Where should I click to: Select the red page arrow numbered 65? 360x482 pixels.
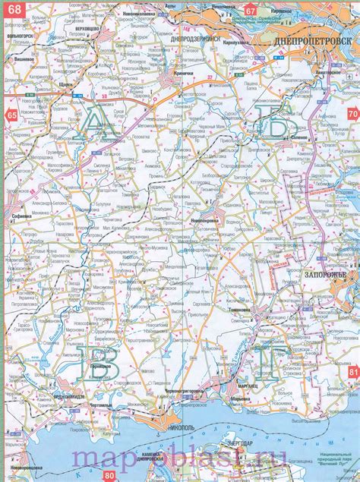pyautogui.click(x=11, y=115)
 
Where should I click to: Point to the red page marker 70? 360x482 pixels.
pyautogui.click(x=352, y=114)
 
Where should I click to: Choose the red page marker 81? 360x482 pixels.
pyautogui.click(x=352, y=372)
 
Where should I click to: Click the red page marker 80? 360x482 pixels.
pyautogui.click(x=109, y=475)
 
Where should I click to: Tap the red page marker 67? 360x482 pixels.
pyautogui.click(x=250, y=9)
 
